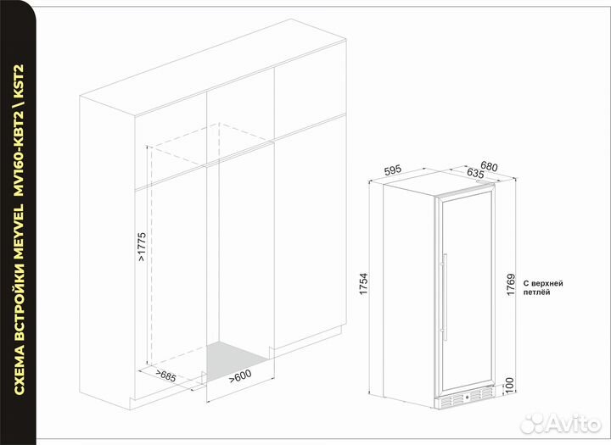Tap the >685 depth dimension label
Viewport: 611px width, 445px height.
[166, 375]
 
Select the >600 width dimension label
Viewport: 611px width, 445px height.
[240, 375]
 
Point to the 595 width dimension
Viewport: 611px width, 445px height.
[392, 170]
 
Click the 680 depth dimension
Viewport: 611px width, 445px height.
[489, 166]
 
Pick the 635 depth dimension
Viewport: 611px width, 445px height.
[475, 173]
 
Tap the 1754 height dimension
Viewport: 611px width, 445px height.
[363, 284]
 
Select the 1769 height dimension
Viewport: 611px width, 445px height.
[511, 285]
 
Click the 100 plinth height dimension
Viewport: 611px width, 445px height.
[510, 385]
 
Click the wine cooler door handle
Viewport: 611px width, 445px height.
[445, 297]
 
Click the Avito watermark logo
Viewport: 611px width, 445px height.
[561, 423]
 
